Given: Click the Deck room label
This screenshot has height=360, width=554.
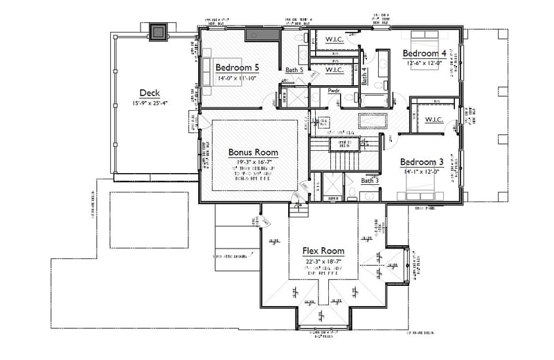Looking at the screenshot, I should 150,93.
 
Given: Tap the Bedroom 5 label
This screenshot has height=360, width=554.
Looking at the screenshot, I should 237,68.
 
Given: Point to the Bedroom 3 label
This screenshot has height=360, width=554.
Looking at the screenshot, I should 422,162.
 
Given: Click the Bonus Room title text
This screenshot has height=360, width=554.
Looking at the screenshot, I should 253,152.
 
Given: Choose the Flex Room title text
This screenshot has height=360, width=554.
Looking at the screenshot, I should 323,251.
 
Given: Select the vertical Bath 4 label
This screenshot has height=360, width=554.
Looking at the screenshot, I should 364,75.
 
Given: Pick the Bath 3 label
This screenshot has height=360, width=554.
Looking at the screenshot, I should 370,181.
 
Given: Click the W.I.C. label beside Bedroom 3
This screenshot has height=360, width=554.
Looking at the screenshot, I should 434,120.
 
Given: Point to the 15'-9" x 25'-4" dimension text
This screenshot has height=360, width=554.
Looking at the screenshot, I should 150,103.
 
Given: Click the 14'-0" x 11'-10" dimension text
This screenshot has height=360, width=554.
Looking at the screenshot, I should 237,78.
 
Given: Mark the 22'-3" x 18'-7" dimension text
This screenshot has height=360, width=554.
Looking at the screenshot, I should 323,261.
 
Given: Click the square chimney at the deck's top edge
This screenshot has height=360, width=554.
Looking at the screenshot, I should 159,30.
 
